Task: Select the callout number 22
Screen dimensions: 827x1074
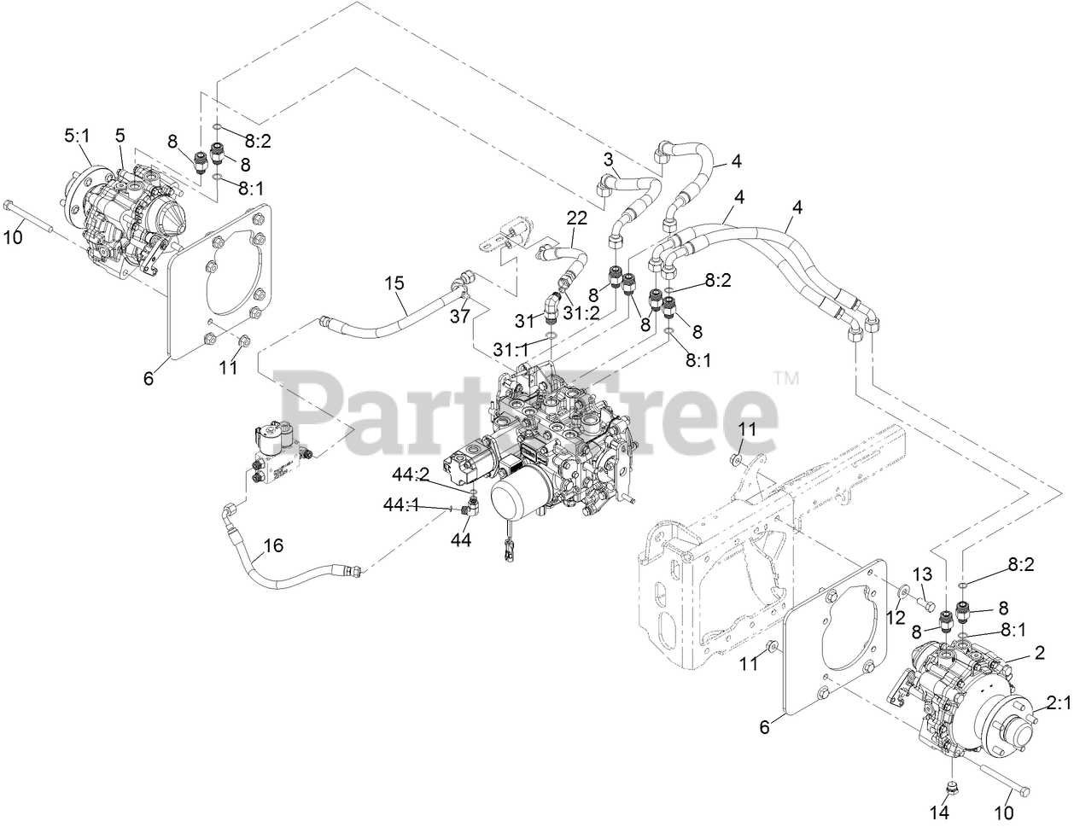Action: tap(577, 218)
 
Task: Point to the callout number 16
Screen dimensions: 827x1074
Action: tap(272, 545)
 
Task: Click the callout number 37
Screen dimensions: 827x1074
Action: tap(461, 317)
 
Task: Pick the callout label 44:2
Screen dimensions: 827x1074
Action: tap(412, 475)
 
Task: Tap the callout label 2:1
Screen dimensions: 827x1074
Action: tap(1058, 703)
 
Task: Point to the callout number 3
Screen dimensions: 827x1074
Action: tap(609, 159)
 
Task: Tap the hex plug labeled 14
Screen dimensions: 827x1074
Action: tap(952, 785)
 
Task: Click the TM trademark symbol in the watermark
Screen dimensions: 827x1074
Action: tap(785, 378)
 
